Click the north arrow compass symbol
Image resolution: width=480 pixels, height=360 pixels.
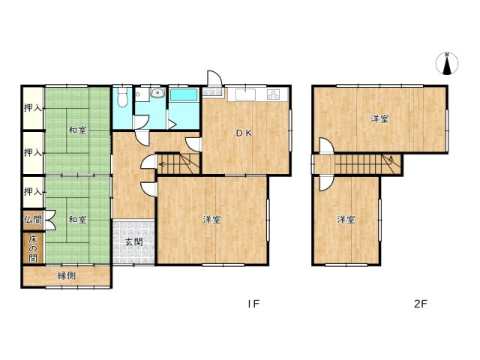447,64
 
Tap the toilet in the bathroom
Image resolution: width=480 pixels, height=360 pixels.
122,97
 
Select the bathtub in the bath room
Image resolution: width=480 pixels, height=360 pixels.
184,94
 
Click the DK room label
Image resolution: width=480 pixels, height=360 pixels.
244,133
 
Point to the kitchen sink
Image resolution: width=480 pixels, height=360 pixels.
245,94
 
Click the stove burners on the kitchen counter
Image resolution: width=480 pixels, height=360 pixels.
273,94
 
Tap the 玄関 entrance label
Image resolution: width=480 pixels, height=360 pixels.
134,242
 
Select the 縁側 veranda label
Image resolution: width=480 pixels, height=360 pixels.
67,276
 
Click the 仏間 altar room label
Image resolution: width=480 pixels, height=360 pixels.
33,220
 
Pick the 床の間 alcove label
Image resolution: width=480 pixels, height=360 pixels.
33,248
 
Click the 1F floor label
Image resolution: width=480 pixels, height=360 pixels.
253,304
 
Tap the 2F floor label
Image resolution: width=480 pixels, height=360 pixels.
420,304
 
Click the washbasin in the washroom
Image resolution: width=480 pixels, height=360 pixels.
157,92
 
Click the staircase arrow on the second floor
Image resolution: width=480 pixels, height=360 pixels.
391,160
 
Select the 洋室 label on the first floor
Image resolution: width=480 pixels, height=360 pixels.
211,220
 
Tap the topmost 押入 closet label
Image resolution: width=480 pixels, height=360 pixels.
33,108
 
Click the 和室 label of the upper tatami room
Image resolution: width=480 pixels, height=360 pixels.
77,130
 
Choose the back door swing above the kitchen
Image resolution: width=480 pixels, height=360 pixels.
214,78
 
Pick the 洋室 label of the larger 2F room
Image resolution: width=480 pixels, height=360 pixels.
379,118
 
